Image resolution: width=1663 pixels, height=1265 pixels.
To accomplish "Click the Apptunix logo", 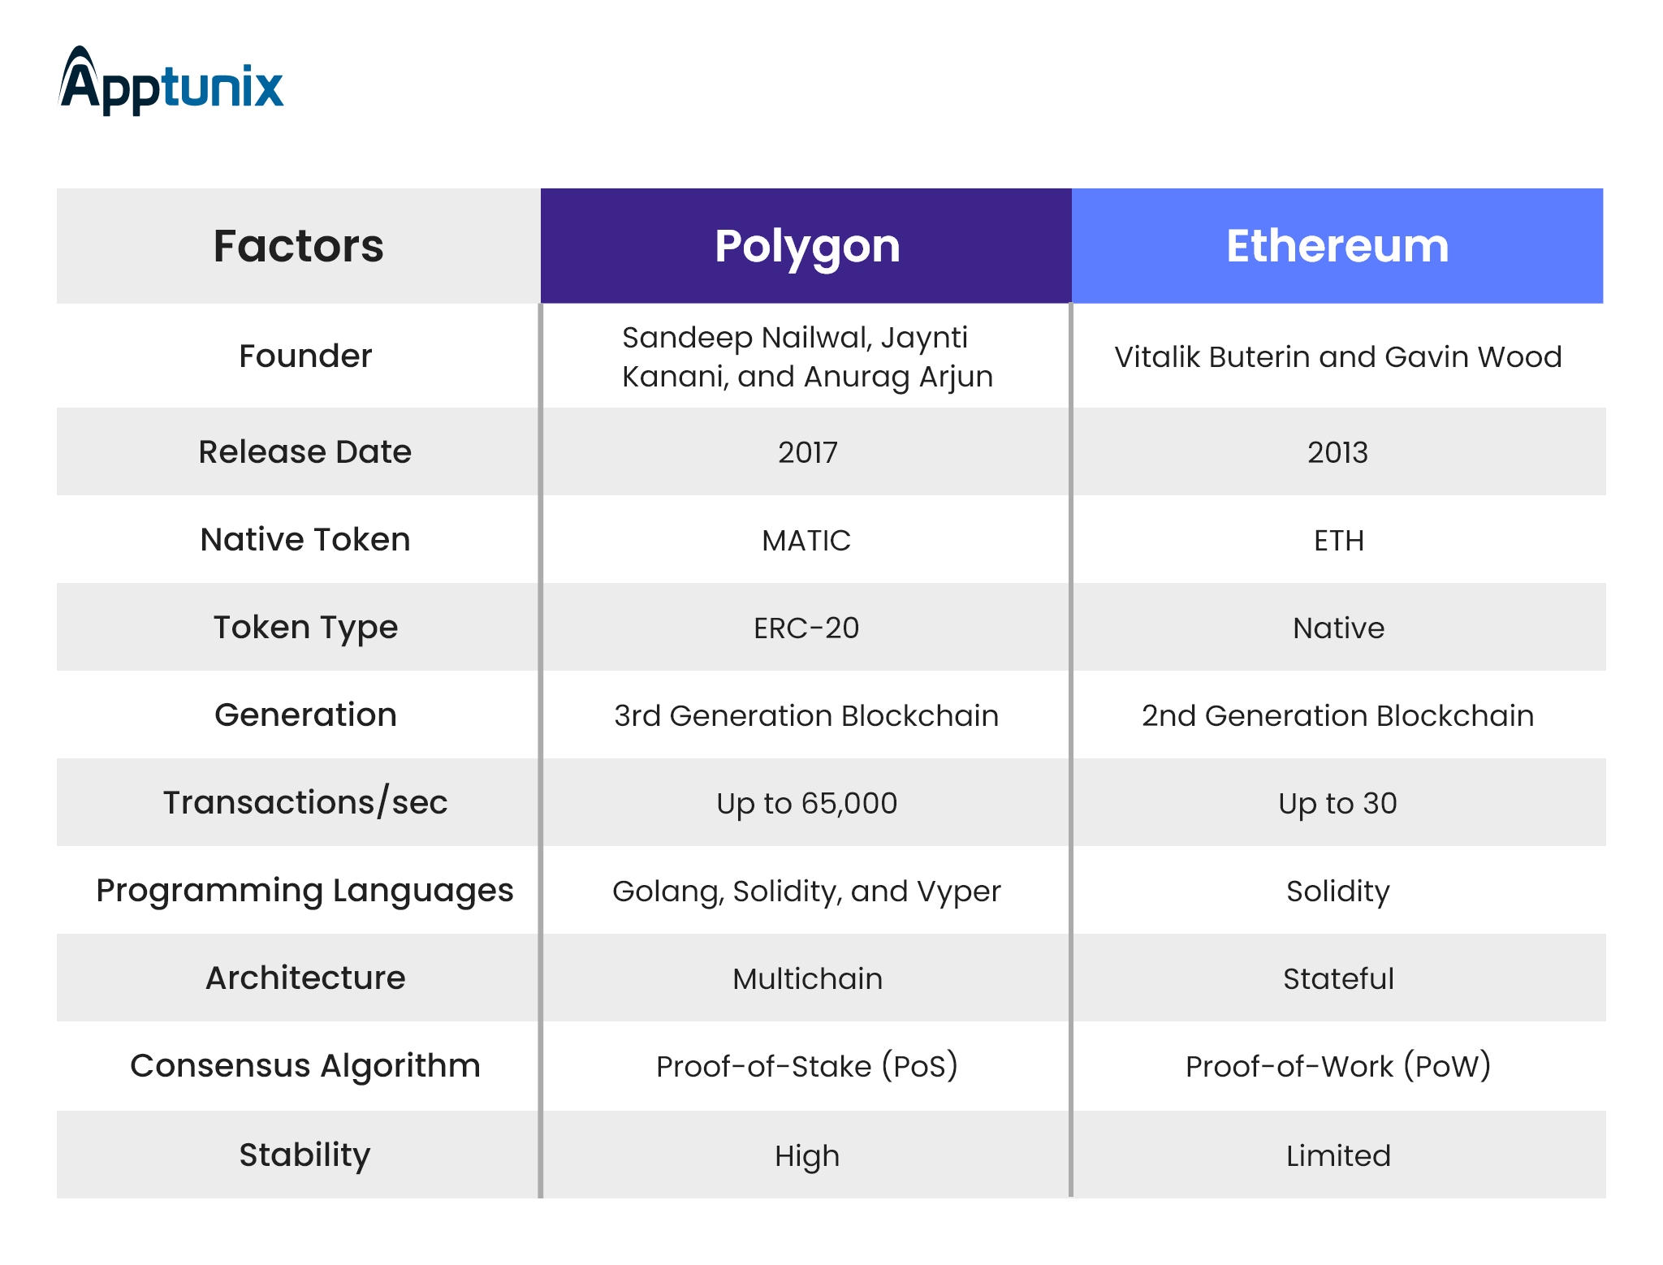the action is [x=171, y=81].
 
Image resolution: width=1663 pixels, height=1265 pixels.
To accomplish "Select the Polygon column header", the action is [x=806, y=246].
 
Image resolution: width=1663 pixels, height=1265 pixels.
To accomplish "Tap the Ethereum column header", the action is [x=1337, y=246].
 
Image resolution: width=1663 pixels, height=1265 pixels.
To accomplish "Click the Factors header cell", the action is [x=299, y=246].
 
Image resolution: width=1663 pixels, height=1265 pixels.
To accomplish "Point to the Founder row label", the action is [x=305, y=356].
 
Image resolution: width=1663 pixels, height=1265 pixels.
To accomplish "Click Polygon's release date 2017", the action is [x=807, y=452].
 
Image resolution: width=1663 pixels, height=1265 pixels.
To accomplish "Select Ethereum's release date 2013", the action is [x=1337, y=452].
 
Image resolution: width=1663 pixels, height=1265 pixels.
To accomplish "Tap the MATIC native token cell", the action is [x=806, y=540].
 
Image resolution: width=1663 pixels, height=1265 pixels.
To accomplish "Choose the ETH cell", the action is [x=1339, y=540].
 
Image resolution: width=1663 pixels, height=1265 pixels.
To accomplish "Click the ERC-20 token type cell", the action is [x=806, y=628].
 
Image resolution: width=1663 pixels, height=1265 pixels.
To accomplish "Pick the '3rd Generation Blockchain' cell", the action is [x=806, y=715].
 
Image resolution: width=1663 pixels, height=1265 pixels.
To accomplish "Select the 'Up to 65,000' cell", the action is [x=806, y=803].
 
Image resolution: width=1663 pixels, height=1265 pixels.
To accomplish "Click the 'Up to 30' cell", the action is [x=1337, y=803].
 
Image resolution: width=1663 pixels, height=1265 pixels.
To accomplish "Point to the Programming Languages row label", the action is [x=305, y=891].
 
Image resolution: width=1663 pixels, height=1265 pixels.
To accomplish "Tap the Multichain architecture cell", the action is [x=807, y=978].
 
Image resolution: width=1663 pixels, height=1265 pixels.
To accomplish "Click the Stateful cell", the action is [x=1338, y=978].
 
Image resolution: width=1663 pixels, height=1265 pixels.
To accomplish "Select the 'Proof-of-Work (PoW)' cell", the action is [x=1338, y=1066].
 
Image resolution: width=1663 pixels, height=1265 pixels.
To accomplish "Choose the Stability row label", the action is [x=305, y=1155].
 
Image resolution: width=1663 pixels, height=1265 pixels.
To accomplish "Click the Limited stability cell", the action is [x=1338, y=1155].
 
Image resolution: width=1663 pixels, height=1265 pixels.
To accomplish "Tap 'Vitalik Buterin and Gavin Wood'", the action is [x=1338, y=356].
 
